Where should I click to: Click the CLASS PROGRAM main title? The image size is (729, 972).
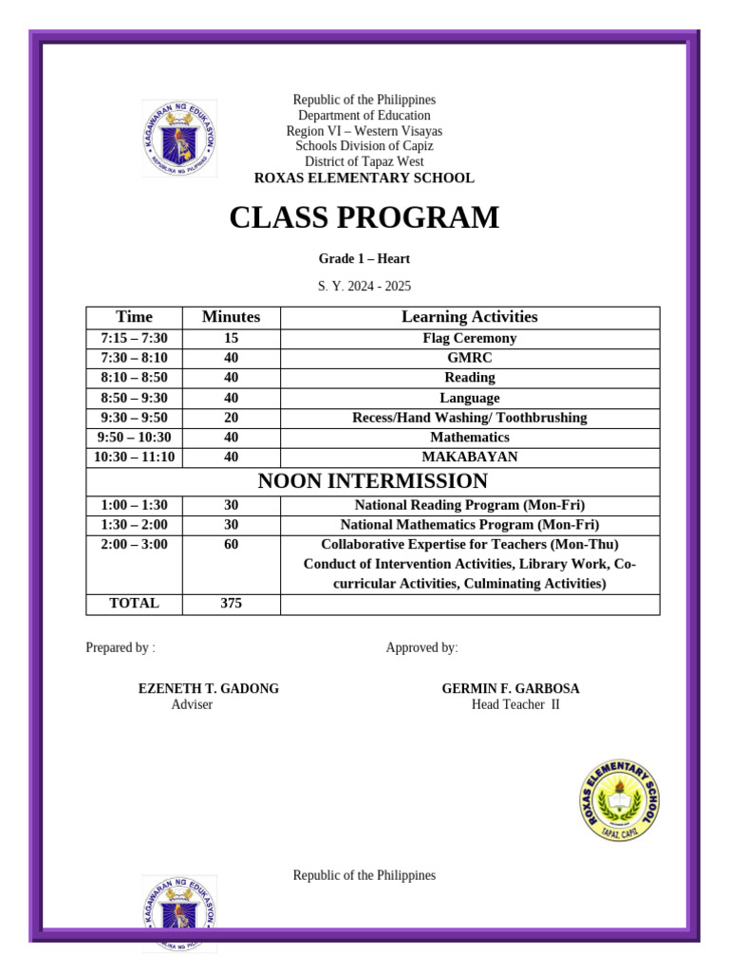click(x=364, y=218)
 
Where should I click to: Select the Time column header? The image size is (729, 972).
click(x=134, y=317)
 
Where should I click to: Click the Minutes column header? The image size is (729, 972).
click(x=231, y=317)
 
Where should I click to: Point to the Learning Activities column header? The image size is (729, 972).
click(x=469, y=317)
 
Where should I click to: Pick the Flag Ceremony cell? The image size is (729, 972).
click(x=469, y=338)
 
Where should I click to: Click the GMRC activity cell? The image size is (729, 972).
click(x=469, y=358)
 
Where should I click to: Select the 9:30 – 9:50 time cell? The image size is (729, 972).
click(x=134, y=418)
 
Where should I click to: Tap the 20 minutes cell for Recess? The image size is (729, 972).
click(x=231, y=418)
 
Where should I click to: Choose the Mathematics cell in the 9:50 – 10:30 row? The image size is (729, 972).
click(x=469, y=438)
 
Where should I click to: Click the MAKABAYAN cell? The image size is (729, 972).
click(x=469, y=457)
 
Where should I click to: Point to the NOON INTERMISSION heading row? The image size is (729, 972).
click(x=372, y=481)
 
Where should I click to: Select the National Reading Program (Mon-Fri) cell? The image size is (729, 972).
click(x=469, y=505)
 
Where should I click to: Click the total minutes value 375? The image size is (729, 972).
click(x=231, y=603)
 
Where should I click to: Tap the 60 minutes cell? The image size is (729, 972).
click(x=231, y=544)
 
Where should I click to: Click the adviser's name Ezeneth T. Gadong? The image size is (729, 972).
click(x=209, y=688)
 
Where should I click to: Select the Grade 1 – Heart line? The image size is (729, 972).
click(x=364, y=258)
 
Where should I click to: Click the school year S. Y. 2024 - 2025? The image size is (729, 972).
click(x=364, y=286)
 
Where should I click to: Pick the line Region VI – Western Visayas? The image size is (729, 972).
click(x=364, y=131)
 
